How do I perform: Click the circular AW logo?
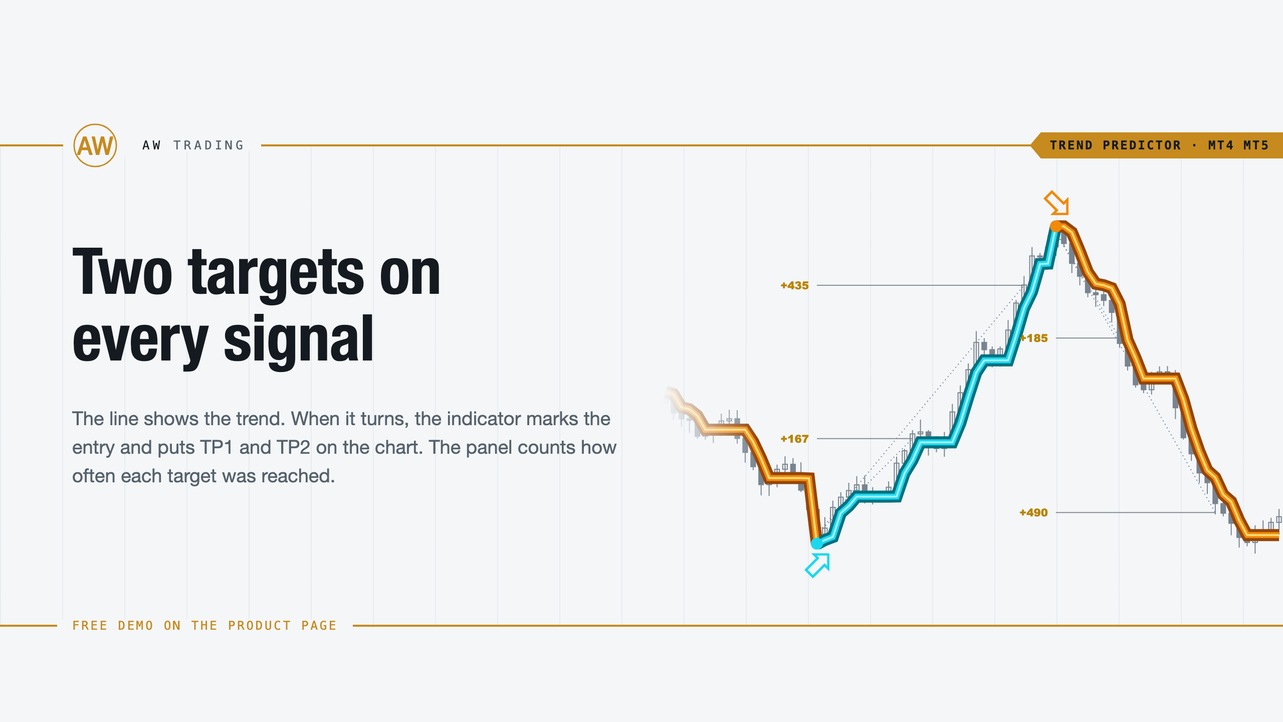click(x=95, y=145)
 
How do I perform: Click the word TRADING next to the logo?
click(x=208, y=145)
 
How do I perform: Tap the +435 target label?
click(x=794, y=285)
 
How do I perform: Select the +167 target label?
click(x=794, y=439)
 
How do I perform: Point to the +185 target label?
click(x=1033, y=338)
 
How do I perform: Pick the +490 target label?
click(x=1033, y=512)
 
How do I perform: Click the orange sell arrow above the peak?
click(x=1056, y=203)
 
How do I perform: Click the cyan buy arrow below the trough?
click(x=817, y=566)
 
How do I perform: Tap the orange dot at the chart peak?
click(x=1056, y=227)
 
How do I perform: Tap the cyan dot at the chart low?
click(x=817, y=543)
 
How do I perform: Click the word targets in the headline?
click(x=276, y=274)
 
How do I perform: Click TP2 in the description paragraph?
click(x=293, y=447)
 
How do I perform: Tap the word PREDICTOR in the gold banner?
click(x=1142, y=145)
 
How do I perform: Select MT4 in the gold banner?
click(x=1220, y=145)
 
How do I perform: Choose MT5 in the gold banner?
click(x=1256, y=145)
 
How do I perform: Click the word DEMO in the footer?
click(x=136, y=626)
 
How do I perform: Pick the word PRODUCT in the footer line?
click(x=260, y=626)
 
